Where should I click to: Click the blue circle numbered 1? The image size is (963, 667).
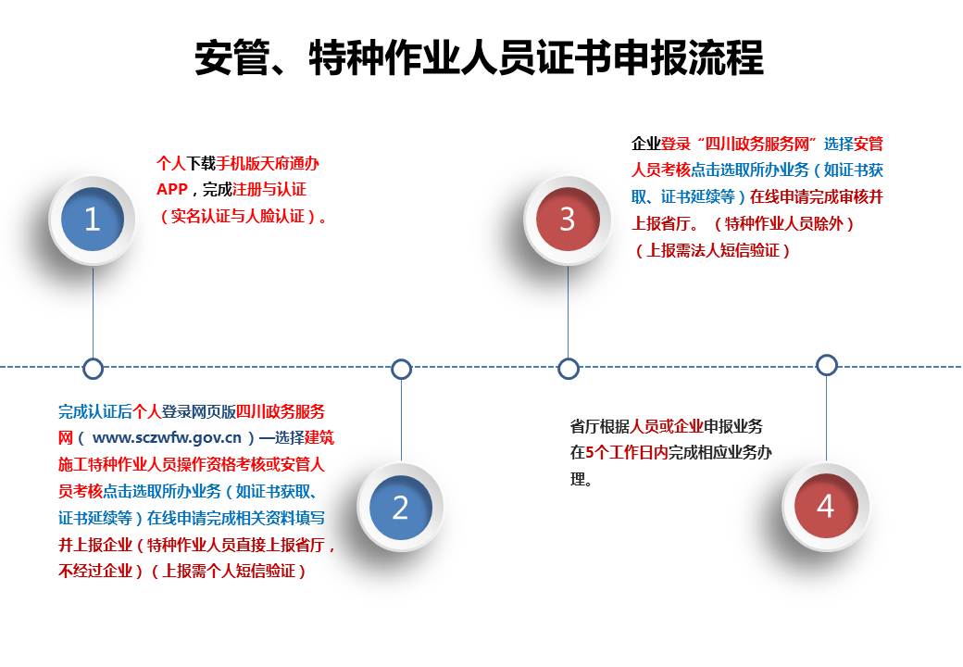pyautogui.click(x=92, y=220)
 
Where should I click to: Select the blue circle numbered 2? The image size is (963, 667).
pyautogui.click(x=400, y=508)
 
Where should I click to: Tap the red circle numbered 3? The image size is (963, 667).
pyautogui.click(x=567, y=220)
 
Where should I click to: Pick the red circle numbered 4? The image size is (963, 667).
pyautogui.click(x=825, y=506)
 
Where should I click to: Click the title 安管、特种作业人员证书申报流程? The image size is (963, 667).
pyautogui.click(x=479, y=58)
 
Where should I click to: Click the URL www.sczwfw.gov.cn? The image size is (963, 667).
pyautogui.click(x=168, y=438)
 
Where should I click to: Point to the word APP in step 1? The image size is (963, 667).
pyautogui.click(x=172, y=190)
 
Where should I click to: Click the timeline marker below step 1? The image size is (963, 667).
pyautogui.click(x=93, y=369)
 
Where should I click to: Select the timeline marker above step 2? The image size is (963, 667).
pyautogui.click(x=401, y=369)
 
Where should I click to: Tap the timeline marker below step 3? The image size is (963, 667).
pyautogui.click(x=569, y=369)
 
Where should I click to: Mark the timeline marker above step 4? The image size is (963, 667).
pyautogui.click(x=827, y=365)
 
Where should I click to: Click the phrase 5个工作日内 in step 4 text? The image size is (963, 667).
pyautogui.click(x=626, y=453)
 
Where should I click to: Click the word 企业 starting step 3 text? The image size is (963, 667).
pyautogui.click(x=646, y=144)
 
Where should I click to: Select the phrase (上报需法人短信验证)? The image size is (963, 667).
pyautogui.click(x=712, y=250)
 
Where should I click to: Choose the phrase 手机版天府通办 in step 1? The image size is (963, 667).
pyautogui.click(x=269, y=163)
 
